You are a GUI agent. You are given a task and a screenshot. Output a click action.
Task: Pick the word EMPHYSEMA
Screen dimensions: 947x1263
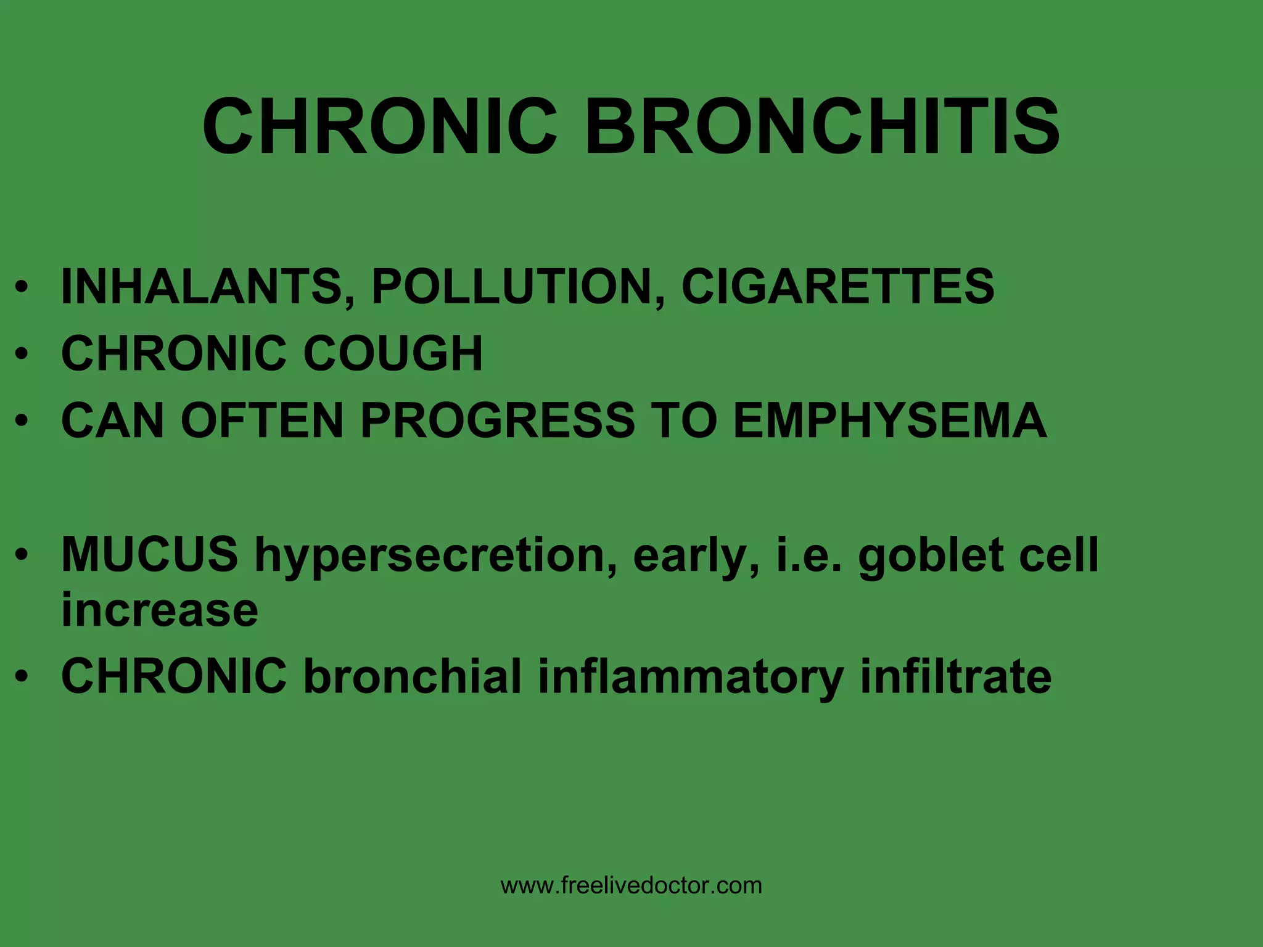pos(890,420)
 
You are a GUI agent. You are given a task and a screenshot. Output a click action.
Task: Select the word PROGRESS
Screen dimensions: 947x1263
pos(497,420)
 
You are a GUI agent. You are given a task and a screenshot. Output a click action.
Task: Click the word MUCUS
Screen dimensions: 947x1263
pos(150,554)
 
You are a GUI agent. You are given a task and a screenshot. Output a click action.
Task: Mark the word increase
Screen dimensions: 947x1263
pos(160,610)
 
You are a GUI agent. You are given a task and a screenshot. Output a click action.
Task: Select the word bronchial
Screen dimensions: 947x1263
pos(413,676)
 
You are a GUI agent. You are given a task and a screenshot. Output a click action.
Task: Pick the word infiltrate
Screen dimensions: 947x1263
pos(955,676)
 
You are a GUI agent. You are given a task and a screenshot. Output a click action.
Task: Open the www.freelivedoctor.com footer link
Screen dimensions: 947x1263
pos(631,886)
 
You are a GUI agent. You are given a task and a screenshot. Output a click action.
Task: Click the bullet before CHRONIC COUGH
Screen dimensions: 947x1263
pos(22,355)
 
